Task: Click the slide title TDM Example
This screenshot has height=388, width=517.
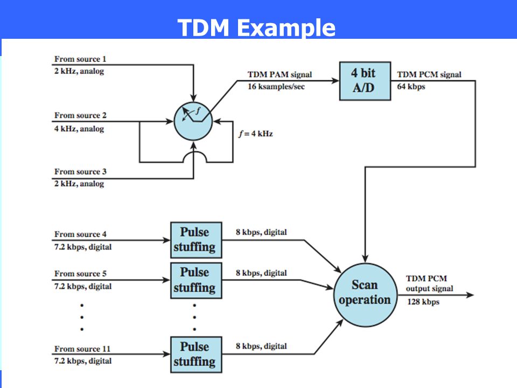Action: [256, 27]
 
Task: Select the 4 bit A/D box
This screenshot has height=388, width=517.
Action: [365, 81]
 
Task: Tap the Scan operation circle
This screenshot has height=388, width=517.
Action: [365, 295]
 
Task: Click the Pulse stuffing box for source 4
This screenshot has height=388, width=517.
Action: [196, 240]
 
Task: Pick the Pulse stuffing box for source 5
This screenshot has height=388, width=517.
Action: [196, 280]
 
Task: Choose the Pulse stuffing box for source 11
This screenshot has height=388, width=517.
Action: [196, 355]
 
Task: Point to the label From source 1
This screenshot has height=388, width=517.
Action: [80, 59]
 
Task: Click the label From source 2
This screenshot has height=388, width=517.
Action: [80, 115]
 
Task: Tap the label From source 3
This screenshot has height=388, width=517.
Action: [80, 171]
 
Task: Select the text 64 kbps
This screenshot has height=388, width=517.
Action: [411, 86]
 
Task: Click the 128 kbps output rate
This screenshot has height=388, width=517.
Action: [423, 302]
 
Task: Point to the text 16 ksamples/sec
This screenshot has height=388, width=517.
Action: [276, 86]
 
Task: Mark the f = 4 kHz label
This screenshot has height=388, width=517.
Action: [256, 134]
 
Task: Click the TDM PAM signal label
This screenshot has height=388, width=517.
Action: [280, 74]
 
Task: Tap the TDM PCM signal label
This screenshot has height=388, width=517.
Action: [429, 74]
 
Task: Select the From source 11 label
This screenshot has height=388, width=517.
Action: [82, 349]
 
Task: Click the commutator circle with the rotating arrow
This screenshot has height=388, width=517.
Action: [193, 121]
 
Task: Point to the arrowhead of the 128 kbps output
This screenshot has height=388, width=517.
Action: [470, 295]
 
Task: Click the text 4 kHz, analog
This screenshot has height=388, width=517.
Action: [79, 129]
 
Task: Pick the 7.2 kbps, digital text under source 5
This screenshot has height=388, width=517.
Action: [83, 286]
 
